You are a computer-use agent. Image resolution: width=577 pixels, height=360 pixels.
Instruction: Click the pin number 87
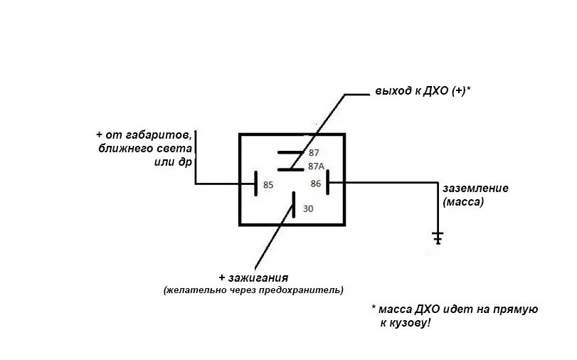click(313, 153)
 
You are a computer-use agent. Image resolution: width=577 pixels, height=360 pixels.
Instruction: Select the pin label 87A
click(316, 166)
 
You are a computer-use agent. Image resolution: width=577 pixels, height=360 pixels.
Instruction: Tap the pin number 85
click(268, 185)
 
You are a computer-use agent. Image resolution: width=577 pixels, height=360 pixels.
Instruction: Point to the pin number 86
click(316, 184)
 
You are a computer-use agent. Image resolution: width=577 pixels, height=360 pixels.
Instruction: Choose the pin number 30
click(307, 209)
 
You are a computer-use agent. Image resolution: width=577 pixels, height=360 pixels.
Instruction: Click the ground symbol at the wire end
click(438, 237)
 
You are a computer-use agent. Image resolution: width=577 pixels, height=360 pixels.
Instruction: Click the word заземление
click(475, 189)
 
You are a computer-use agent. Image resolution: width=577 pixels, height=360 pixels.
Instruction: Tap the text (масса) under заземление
click(463, 202)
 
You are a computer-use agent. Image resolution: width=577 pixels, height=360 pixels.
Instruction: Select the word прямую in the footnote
click(515, 309)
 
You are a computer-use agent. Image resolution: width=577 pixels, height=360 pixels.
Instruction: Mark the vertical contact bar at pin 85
click(255, 184)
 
